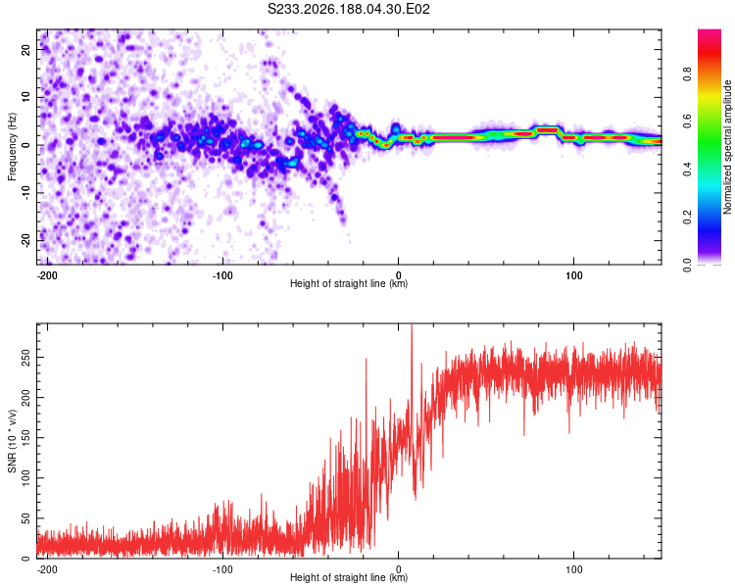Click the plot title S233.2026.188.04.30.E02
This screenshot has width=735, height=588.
pyautogui.click(x=348, y=9)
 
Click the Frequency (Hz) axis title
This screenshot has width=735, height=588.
pyautogui.click(x=12, y=146)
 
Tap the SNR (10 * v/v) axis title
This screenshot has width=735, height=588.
pyautogui.click(x=12, y=441)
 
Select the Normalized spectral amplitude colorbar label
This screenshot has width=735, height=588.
pyautogui.click(x=727, y=147)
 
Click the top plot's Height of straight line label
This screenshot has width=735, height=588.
pyautogui.click(x=349, y=283)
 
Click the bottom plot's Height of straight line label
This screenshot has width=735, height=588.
pyautogui.click(x=349, y=577)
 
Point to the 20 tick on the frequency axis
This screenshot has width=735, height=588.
pyautogui.click(x=26, y=49)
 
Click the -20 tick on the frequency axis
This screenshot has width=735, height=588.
pyautogui.click(x=26, y=241)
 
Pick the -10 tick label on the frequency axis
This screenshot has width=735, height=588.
pyautogui.click(x=26, y=193)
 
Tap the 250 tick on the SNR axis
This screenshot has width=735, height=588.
pyautogui.click(x=26, y=357)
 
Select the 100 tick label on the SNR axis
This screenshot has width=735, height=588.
pyautogui.click(x=26, y=478)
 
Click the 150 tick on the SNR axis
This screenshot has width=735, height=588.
pyautogui.click(x=26, y=437)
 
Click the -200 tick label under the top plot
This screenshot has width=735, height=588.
pyautogui.click(x=46, y=275)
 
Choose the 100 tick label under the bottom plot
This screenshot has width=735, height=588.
pyautogui.click(x=573, y=569)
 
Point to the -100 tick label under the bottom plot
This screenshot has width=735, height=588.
pyautogui.click(x=222, y=569)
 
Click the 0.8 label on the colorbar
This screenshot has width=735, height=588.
pyautogui.click(x=687, y=74)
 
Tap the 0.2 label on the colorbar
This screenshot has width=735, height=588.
pyautogui.click(x=687, y=218)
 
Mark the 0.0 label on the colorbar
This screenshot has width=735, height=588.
pyautogui.click(x=687, y=265)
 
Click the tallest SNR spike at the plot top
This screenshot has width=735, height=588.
pyautogui.click(x=412, y=328)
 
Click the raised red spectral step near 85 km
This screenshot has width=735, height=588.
pyautogui.click(x=547, y=130)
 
